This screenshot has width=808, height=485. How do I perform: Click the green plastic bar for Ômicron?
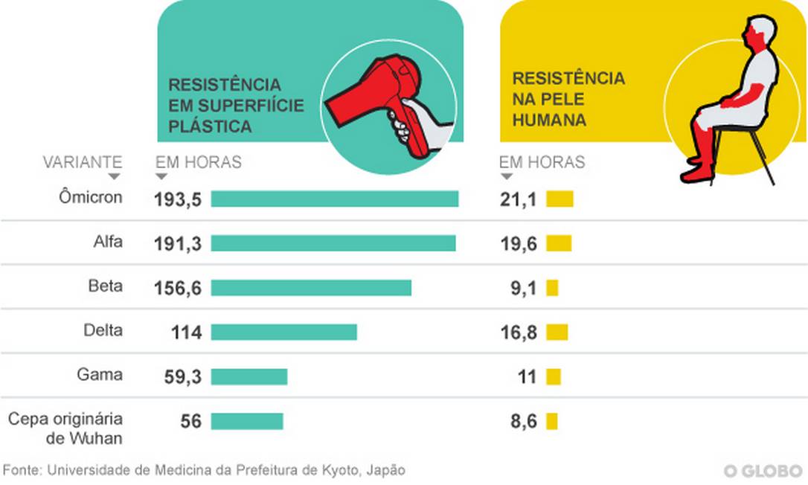point(334,199)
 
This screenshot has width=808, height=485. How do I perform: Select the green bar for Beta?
point(311,288)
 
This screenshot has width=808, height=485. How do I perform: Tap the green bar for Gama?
point(249,377)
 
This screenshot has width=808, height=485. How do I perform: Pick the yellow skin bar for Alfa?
point(559,243)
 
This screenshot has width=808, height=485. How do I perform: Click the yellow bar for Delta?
point(557,333)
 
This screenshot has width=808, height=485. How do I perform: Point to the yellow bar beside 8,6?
point(551,422)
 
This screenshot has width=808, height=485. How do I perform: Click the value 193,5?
point(178,199)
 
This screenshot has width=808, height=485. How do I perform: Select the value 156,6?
point(178,289)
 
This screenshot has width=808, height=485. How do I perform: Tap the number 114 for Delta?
point(185,333)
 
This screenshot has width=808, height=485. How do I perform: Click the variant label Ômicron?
point(90,198)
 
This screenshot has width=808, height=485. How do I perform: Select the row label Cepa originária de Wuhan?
point(65,428)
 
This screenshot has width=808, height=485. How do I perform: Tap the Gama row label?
point(100,375)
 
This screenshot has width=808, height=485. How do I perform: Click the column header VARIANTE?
point(82,162)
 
